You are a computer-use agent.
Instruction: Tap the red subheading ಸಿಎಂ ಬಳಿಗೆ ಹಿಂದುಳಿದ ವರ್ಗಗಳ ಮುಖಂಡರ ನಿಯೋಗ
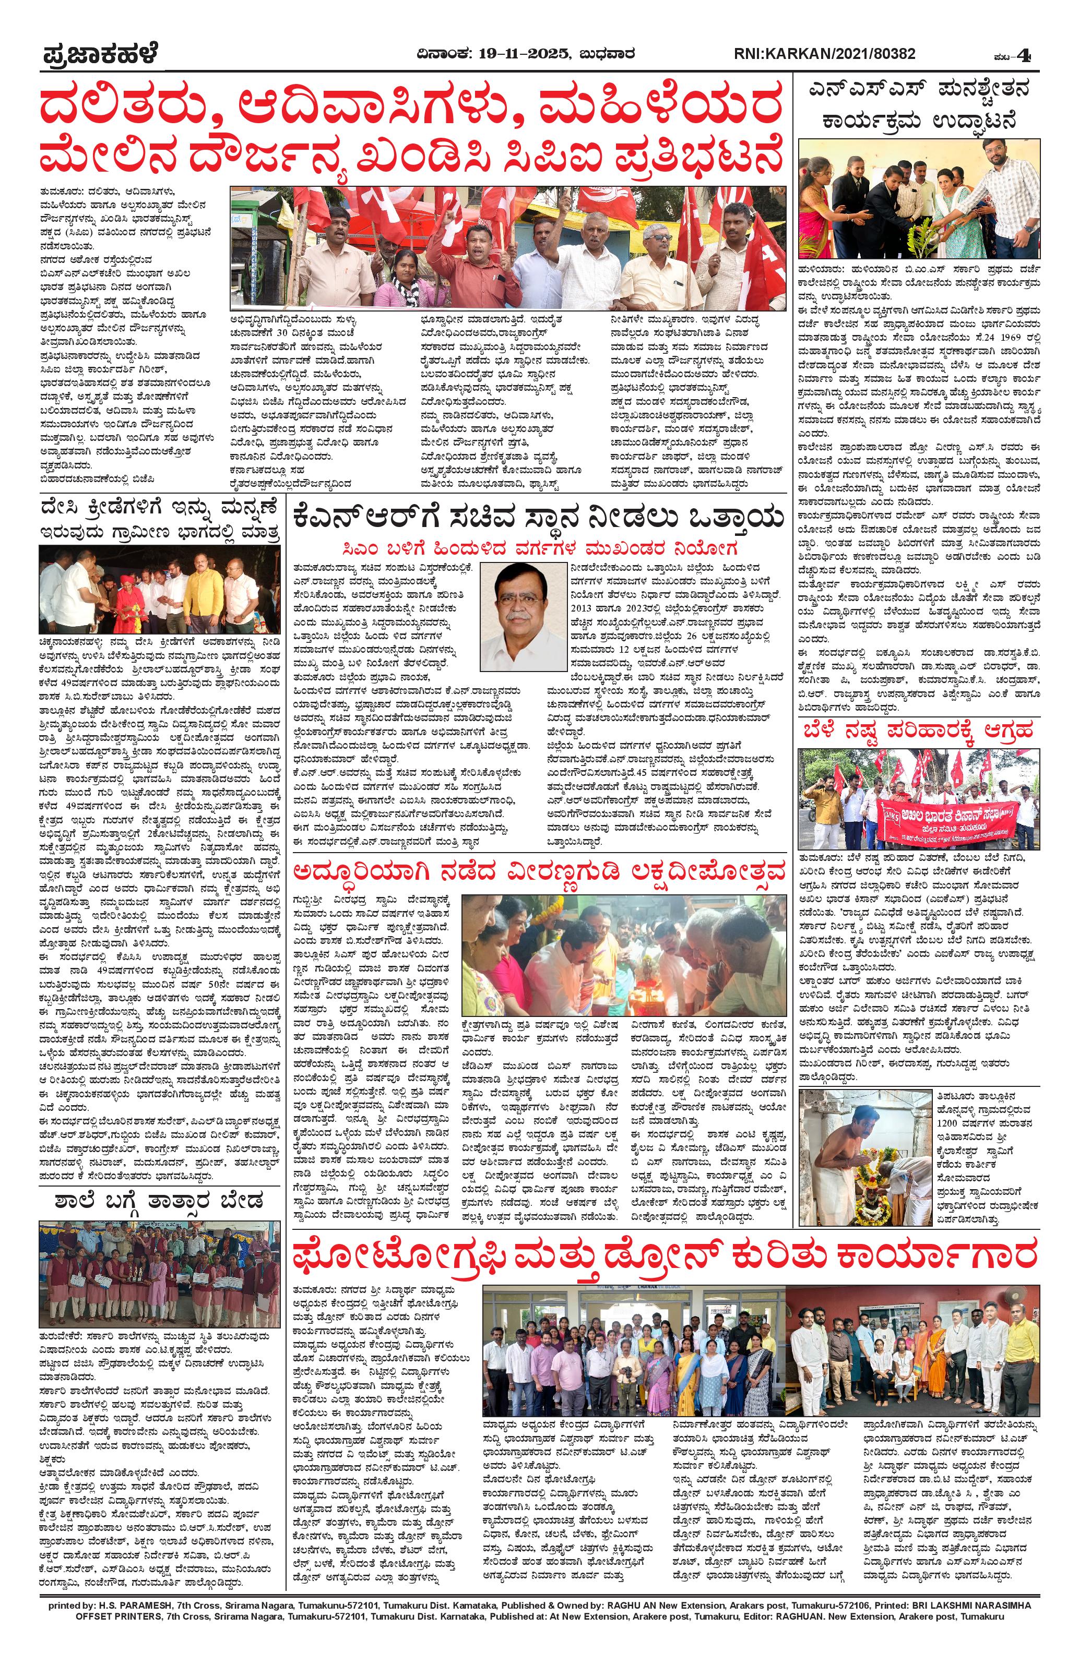[x=538, y=547]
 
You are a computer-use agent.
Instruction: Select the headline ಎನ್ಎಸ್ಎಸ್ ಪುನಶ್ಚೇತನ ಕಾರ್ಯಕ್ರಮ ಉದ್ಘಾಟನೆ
[x=918, y=107]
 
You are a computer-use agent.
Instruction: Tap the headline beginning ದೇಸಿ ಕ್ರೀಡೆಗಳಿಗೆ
[x=159, y=519]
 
